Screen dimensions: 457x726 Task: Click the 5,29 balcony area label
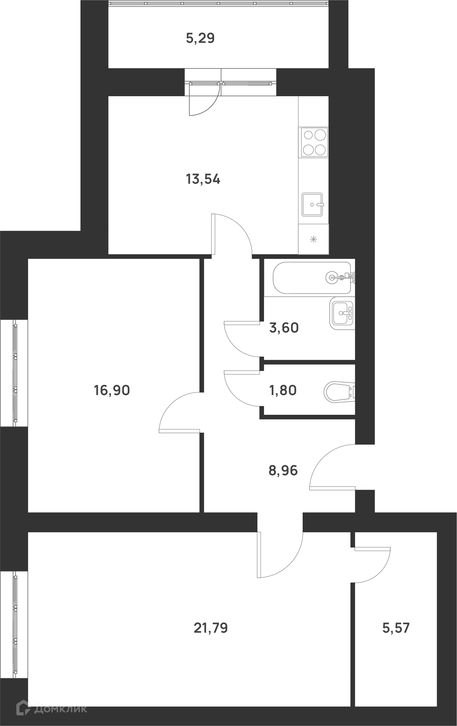pyautogui.click(x=200, y=39)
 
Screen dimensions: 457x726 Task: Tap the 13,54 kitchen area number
pyautogui.click(x=203, y=179)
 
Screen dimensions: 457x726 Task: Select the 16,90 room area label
pyautogui.click(x=112, y=390)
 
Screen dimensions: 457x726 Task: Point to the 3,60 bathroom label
pyautogui.click(x=284, y=328)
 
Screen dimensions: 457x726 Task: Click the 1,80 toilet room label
pyautogui.click(x=283, y=390)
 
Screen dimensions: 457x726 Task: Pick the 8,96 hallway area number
pyautogui.click(x=283, y=471)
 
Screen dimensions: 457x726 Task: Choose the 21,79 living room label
pyautogui.click(x=211, y=628)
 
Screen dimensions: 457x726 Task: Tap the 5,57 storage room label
pyautogui.click(x=396, y=628)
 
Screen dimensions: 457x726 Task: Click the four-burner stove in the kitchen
pyautogui.click(x=314, y=142)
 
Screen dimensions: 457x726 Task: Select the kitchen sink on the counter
pyautogui.click(x=312, y=205)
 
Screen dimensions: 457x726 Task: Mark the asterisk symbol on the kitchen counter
pyautogui.click(x=314, y=240)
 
